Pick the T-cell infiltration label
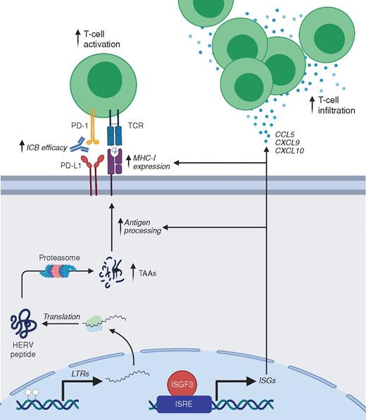pos(336,105)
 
